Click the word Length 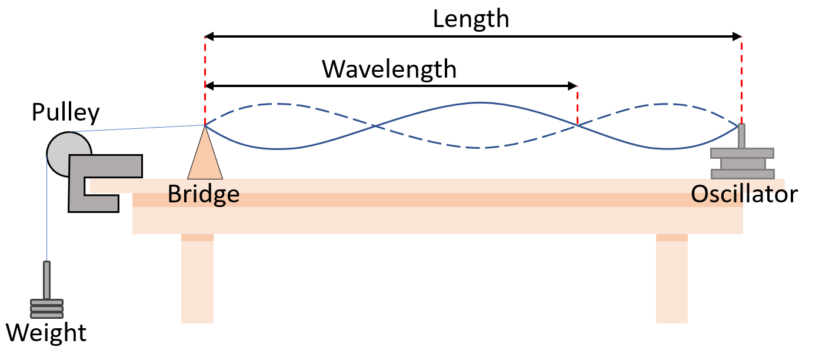471,19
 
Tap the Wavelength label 389,69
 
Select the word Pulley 66,112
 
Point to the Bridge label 204,194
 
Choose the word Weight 46,333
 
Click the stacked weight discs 47,309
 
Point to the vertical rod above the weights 47,280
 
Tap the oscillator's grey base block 743,164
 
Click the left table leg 198,278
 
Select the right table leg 672,278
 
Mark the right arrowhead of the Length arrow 737,36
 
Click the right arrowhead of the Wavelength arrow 572,86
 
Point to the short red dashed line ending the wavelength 578,106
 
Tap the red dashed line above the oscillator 741,81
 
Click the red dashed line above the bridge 205,81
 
